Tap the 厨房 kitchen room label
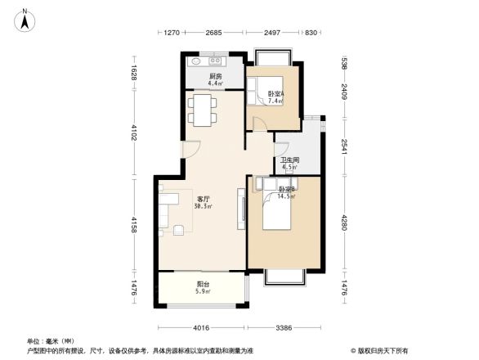(x=215, y=76)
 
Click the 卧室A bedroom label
(x=275, y=93)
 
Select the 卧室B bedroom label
(x=286, y=189)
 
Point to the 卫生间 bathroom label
(x=290, y=160)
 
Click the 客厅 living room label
(x=204, y=199)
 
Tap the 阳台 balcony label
(x=204, y=285)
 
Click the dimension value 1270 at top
(x=170, y=33)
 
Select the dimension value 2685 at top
(x=213, y=33)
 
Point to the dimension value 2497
(x=273, y=33)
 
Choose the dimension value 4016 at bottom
(x=202, y=328)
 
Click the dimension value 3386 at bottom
(x=284, y=328)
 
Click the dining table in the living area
(x=201, y=109)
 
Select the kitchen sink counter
(x=207, y=61)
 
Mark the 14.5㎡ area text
(x=286, y=196)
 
